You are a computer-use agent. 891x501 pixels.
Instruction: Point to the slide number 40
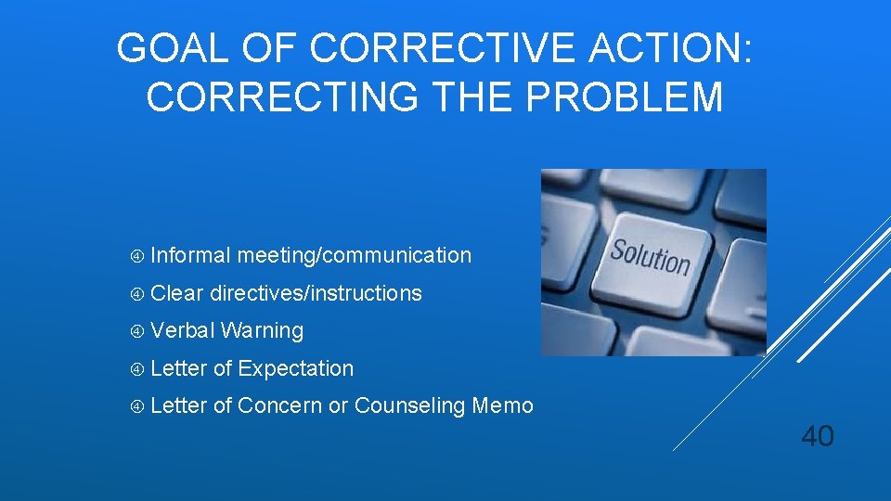click(817, 435)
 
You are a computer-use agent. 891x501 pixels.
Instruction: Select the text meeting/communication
click(354, 255)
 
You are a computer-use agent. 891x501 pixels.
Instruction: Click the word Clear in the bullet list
click(176, 293)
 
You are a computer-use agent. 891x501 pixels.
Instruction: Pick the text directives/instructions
click(316, 293)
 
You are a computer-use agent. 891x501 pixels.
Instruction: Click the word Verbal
click(183, 330)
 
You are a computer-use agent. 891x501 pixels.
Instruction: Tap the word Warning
click(263, 330)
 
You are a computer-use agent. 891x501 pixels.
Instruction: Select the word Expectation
click(295, 368)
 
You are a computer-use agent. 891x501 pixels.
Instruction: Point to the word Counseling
click(409, 405)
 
